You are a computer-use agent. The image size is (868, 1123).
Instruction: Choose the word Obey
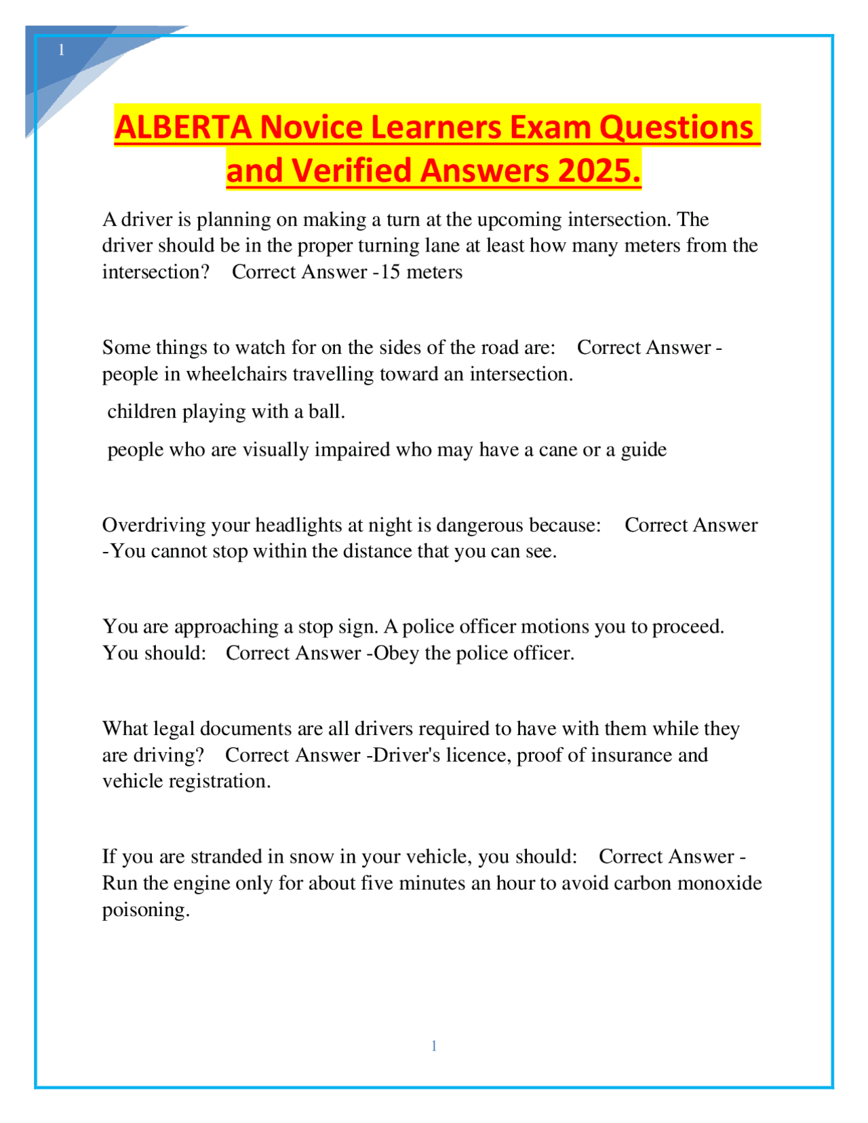tap(396, 653)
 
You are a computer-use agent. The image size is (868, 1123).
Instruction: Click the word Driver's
tap(406, 755)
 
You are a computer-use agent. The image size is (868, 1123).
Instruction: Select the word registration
tap(219, 781)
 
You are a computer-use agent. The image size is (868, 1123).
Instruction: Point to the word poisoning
tap(145, 910)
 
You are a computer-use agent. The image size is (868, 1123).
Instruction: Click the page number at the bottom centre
tap(434, 1046)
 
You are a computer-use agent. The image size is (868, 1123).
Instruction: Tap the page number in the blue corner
tap(62, 50)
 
